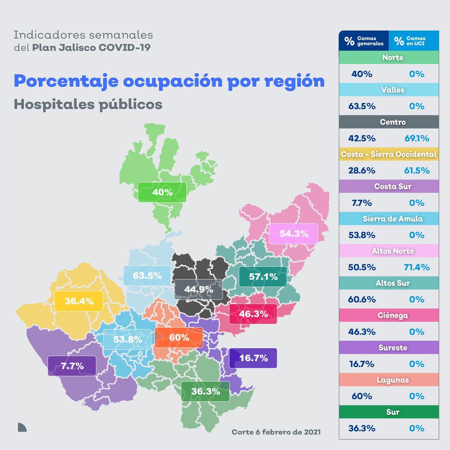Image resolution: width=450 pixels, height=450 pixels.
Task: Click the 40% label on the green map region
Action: click(162, 192)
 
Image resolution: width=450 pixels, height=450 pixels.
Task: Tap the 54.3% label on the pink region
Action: click(294, 233)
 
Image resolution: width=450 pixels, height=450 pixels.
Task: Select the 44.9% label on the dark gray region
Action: click(199, 289)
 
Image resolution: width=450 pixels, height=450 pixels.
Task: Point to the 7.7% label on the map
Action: click(72, 366)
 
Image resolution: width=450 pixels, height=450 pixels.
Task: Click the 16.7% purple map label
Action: click(253, 358)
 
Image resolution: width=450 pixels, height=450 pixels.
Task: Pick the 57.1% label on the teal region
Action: click(263, 277)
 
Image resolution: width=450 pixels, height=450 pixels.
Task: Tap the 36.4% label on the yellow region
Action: click(79, 301)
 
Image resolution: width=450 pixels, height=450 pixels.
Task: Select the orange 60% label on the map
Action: click(179, 337)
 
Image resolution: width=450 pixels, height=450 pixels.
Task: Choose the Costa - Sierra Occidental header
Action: click(389, 154)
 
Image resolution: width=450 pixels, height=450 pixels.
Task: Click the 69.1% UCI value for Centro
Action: click(417, 138)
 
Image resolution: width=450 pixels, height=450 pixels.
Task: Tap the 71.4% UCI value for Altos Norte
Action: click(417, 267)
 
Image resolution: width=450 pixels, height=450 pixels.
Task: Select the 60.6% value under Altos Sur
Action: click(362, 300)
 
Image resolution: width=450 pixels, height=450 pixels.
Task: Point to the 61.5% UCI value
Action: click(417, 171)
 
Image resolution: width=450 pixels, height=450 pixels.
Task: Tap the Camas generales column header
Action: click(364, 41)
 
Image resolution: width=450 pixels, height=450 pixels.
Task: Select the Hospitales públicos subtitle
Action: click(88, 104)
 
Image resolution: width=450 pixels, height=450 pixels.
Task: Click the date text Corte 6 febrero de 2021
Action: click(276, 432)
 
